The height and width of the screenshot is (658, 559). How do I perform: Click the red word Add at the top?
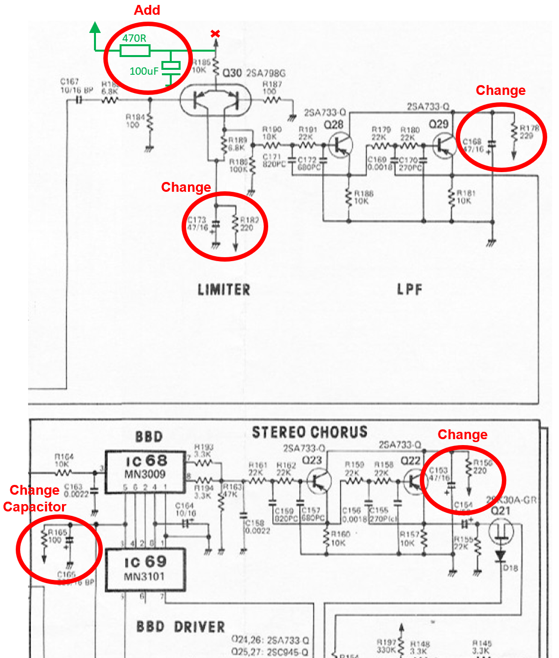147,10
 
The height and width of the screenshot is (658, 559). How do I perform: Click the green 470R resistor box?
135,50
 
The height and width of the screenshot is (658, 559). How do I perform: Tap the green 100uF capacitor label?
144,71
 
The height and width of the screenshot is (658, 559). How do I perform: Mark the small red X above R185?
215,34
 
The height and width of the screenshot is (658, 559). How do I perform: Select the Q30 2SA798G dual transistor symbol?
216,100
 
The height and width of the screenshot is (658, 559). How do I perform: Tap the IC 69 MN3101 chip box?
145,570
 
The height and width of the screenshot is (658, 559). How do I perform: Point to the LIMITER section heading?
224,290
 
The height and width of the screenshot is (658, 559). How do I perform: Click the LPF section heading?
409,290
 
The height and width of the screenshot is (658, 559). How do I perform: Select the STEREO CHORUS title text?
310,432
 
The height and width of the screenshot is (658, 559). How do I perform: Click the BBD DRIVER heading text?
181,627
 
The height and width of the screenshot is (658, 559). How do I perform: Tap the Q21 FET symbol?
501,531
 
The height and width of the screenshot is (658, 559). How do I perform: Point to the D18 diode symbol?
500,556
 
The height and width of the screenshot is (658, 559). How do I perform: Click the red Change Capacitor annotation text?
34,498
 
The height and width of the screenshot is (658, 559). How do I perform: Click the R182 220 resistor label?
249,224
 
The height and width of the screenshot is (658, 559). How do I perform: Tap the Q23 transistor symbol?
319,480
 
